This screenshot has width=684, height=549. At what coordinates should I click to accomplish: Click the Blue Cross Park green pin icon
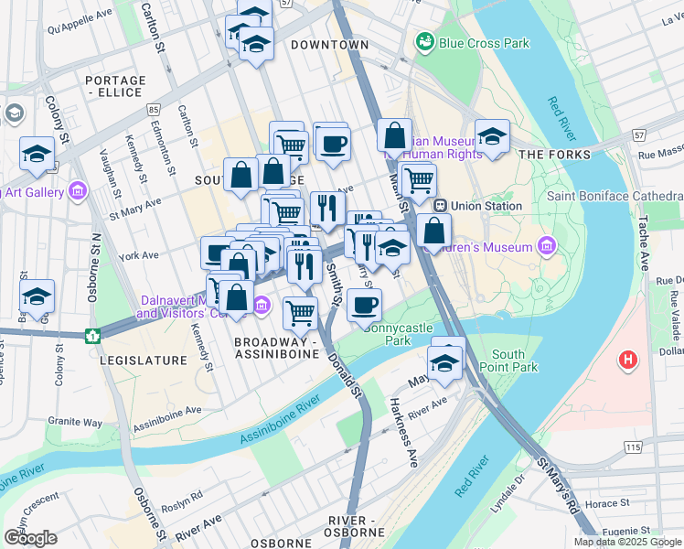(x=424, y=42)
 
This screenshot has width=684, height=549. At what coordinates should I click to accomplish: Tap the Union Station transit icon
(x=440, y=206)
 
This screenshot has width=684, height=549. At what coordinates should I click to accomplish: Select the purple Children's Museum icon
(x=547, y=246)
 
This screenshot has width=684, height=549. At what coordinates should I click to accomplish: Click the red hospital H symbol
(x=627, y=360)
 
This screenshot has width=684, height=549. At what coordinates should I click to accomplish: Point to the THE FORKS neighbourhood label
(x=555, y=155)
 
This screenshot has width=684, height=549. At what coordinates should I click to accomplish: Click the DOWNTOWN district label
(x=329, y=45)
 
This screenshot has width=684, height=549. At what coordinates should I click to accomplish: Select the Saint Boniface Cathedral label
(x=615, y=197)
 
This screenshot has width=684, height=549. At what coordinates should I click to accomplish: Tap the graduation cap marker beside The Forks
(x=492, y=138)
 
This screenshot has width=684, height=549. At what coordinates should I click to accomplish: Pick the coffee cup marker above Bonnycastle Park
(x=364, y=305)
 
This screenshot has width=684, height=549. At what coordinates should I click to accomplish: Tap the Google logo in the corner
(x=29, y=538)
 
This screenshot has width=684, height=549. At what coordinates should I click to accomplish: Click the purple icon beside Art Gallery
(x=78, y=190)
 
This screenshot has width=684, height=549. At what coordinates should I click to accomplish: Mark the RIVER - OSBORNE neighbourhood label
(x=354, y=526)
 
